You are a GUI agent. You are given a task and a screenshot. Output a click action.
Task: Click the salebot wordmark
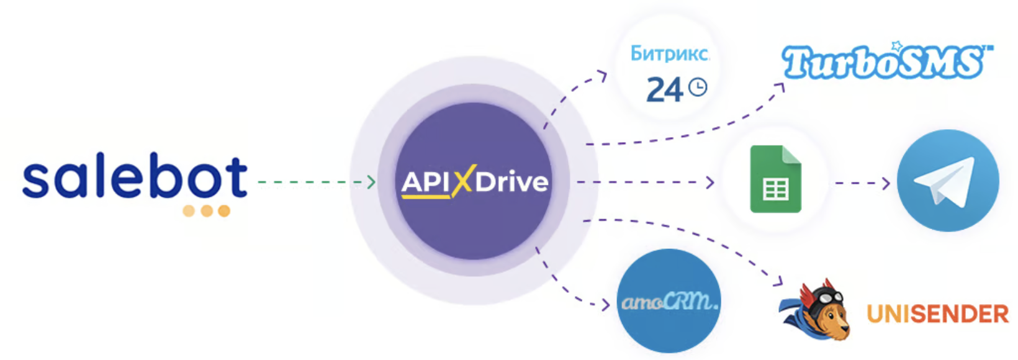point(135,179)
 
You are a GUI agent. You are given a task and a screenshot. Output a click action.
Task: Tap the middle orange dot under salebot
point(207,211)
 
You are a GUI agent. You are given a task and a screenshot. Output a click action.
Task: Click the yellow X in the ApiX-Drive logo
point(462,181)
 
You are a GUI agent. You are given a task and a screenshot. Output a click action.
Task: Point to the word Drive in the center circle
point(512,182)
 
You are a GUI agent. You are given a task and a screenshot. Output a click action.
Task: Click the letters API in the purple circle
point(426,182)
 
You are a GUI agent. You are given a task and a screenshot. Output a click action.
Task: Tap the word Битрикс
point(669,54)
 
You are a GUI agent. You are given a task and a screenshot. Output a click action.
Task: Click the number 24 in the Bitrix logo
point(664,91)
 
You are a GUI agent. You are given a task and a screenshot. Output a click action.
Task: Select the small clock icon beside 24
point(698,87)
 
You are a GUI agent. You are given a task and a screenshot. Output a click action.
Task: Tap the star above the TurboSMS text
point(896,46)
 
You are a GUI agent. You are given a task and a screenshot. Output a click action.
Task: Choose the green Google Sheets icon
point(775,179)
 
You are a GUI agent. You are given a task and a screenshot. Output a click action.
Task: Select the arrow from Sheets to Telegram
point(862,182)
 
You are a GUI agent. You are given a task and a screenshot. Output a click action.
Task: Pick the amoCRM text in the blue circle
point(669,302)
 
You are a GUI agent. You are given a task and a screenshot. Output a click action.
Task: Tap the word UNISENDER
point(937,314)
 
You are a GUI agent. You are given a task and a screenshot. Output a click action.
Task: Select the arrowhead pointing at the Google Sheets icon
point(710,182)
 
